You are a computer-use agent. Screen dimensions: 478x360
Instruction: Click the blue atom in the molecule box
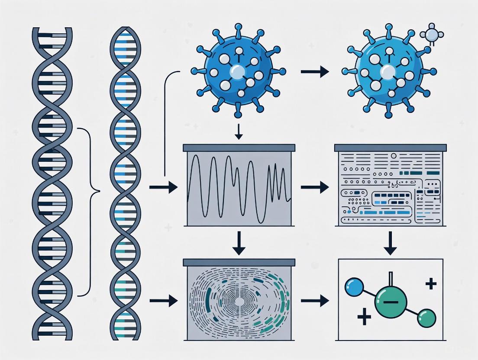tap(352, 287)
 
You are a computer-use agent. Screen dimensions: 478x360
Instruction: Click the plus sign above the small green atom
tap(430, 284)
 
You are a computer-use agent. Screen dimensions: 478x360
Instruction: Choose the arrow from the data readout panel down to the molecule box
tap(391, 244)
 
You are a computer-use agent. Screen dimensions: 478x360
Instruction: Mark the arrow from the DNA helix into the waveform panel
tap(163, 187)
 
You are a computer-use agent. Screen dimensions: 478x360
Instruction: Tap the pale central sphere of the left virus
tap(238, 71)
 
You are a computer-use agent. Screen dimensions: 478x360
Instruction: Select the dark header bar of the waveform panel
tap(239, 148)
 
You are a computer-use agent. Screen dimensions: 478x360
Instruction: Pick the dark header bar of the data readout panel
tap(391, 148)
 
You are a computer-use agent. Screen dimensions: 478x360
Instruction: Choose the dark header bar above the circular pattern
tap(239, 262)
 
